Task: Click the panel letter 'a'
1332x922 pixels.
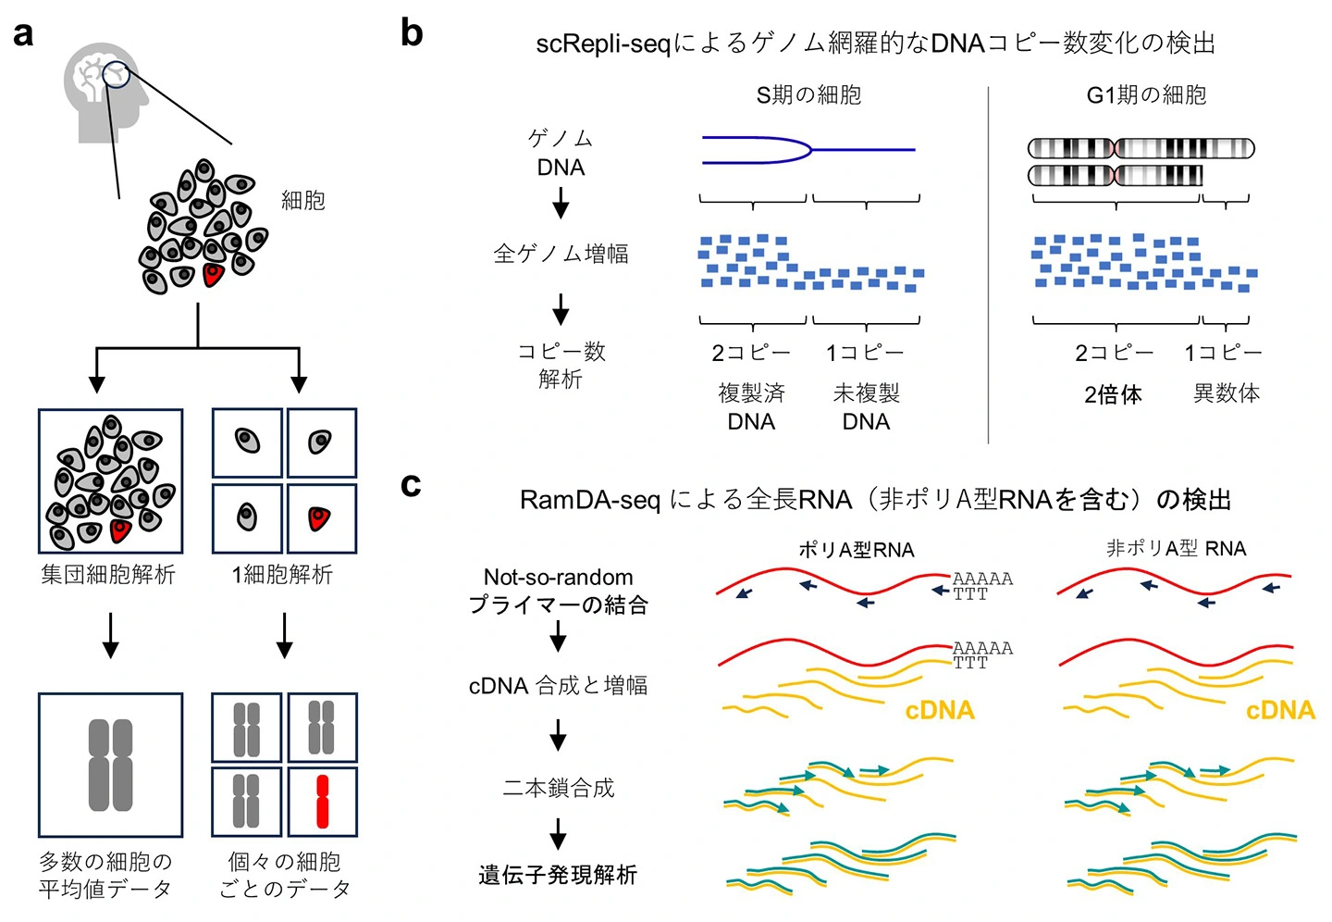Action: (x=24, y=35)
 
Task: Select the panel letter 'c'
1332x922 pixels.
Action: (x=411, y=484)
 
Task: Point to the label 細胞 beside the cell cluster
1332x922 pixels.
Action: (x=302, y=200)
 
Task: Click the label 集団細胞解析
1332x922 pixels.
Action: (x=108, y=575)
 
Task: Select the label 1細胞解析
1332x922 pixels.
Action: (x=282, y=575)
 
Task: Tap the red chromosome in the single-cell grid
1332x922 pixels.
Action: (x=322, y=801)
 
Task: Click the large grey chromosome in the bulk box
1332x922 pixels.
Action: (x=110, y=765)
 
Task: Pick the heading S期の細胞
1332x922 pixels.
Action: (x=808, y=95)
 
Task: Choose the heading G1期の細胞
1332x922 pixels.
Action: (x=1146, y=95)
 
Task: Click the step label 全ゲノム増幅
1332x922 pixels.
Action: (x=561, y=254)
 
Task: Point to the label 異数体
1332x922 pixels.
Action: (x=1226, y=393)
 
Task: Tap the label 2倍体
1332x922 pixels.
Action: (x=1113, y=395)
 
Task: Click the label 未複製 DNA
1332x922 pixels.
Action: (x=866, y=407)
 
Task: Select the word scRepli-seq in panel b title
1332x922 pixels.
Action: (x=602, y=44)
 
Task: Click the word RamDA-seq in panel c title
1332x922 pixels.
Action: (x=589, y=500)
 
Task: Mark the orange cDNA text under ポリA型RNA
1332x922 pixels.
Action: (x=940, y=711)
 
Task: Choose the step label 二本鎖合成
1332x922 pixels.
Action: (x=559, y=788)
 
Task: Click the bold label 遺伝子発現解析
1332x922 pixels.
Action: (x=558, y=875)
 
